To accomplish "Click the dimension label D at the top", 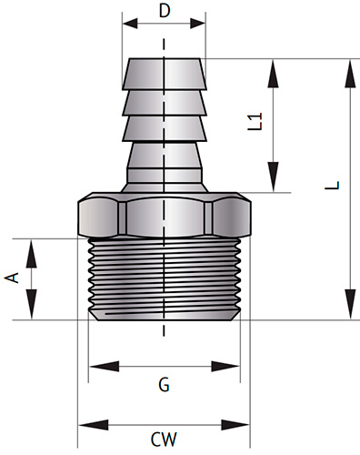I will (x=164, y=11).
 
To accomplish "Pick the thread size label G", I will (x=164, y=385).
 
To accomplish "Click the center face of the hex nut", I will (x=164, y=214).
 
